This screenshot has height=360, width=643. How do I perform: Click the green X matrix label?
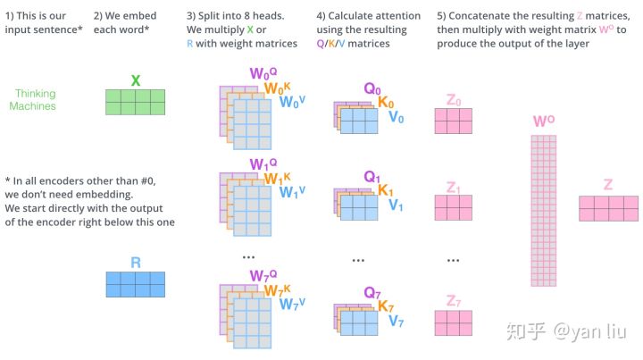135,80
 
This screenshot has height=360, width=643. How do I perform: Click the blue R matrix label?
135,264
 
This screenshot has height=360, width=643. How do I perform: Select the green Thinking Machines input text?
33,99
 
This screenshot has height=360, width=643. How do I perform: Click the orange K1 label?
386,190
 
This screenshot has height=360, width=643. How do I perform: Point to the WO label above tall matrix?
542,120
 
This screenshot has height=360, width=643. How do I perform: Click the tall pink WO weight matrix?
543,211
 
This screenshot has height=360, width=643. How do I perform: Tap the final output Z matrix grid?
608,208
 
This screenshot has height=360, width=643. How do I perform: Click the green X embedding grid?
135,102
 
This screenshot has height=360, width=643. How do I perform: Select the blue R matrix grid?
135,284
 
